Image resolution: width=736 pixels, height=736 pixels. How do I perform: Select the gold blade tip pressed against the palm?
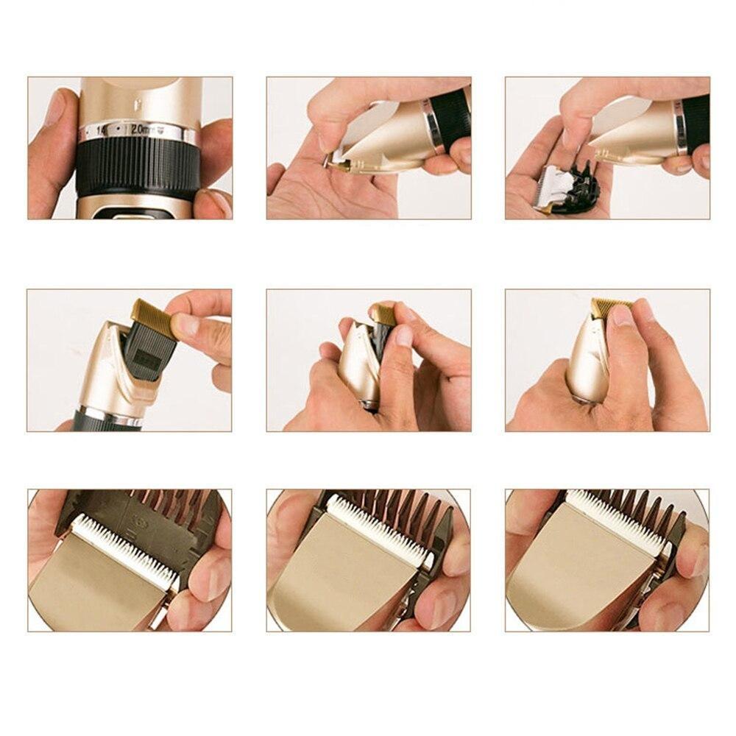pos(341,166)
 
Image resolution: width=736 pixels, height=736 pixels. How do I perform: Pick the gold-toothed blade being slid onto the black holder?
pos(154,313)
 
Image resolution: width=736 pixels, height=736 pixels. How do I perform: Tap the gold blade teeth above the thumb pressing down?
pos(610,304)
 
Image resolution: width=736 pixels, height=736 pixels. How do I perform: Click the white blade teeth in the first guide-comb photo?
pos(125,548)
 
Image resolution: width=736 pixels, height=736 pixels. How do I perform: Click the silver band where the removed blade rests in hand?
pos(682,130)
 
